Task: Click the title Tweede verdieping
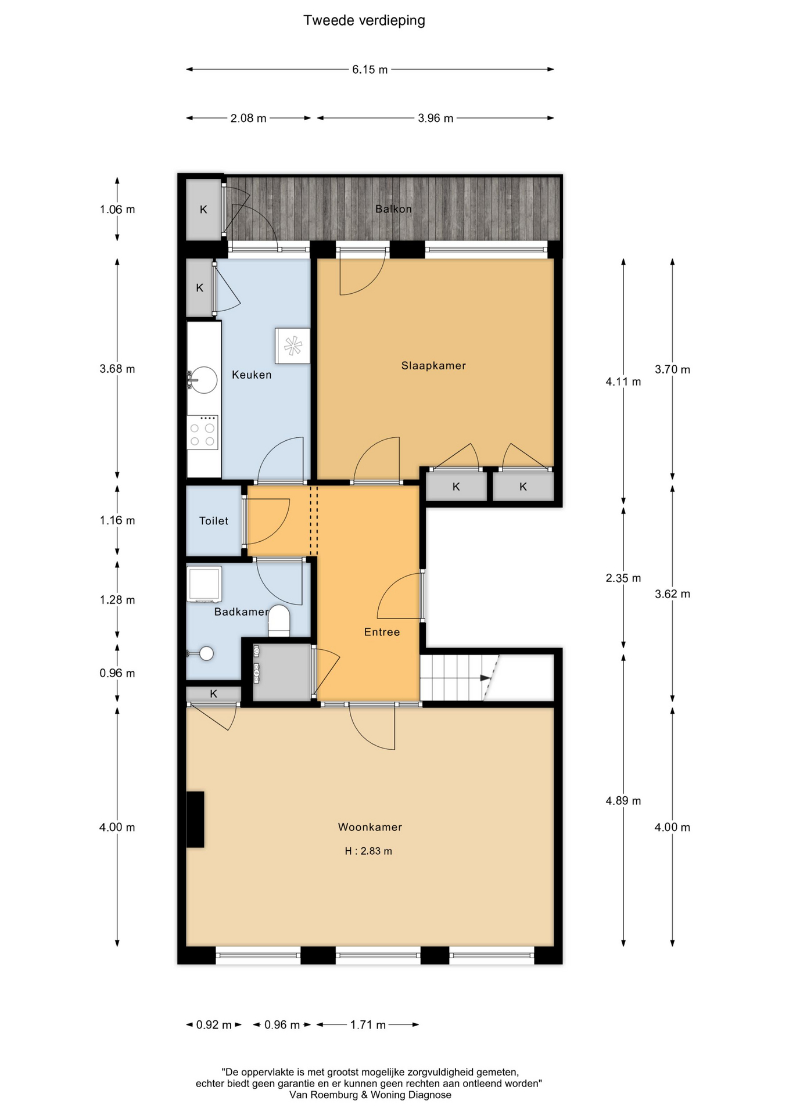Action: [364, 21]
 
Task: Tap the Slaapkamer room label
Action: [433, 366]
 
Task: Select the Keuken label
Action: [252, 375]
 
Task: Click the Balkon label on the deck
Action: [393, 209]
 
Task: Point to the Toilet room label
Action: [214, 521]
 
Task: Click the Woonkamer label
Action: [370, 827]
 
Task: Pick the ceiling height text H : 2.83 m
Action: [368, 851]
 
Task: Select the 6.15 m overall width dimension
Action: [370, 70]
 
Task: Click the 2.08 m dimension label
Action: [248, 118]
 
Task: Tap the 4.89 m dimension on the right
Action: [623, 801]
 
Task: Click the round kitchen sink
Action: [204, 380]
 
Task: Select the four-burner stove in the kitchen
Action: [202, 433]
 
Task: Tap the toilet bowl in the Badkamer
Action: [279, 621]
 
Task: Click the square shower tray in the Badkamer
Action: [204, 584]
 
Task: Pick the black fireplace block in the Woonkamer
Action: [195, 819]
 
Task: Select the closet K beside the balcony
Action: [203, 210]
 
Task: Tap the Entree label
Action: [382, 632]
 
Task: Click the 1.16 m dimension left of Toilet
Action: [117, 520]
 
